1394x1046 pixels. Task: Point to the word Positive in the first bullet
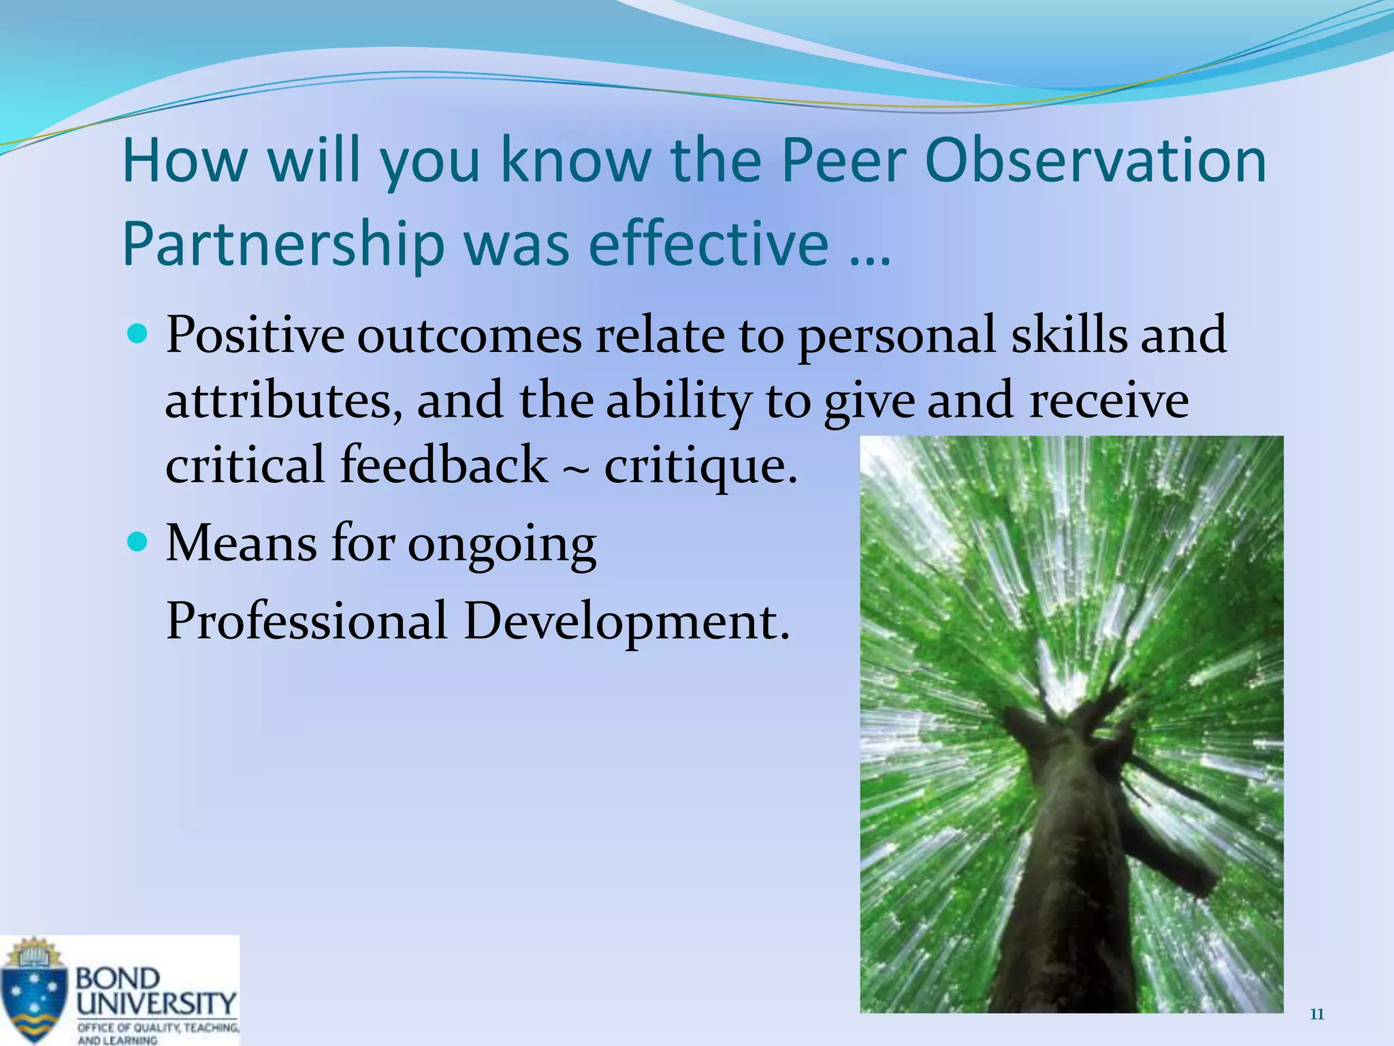coord(255,335)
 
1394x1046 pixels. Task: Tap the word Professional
coord(306,621)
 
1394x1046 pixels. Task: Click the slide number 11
coord(1317,1015)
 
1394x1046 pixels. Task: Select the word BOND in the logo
coord(117,979)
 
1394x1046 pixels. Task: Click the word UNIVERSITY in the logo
coord(157,1003)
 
